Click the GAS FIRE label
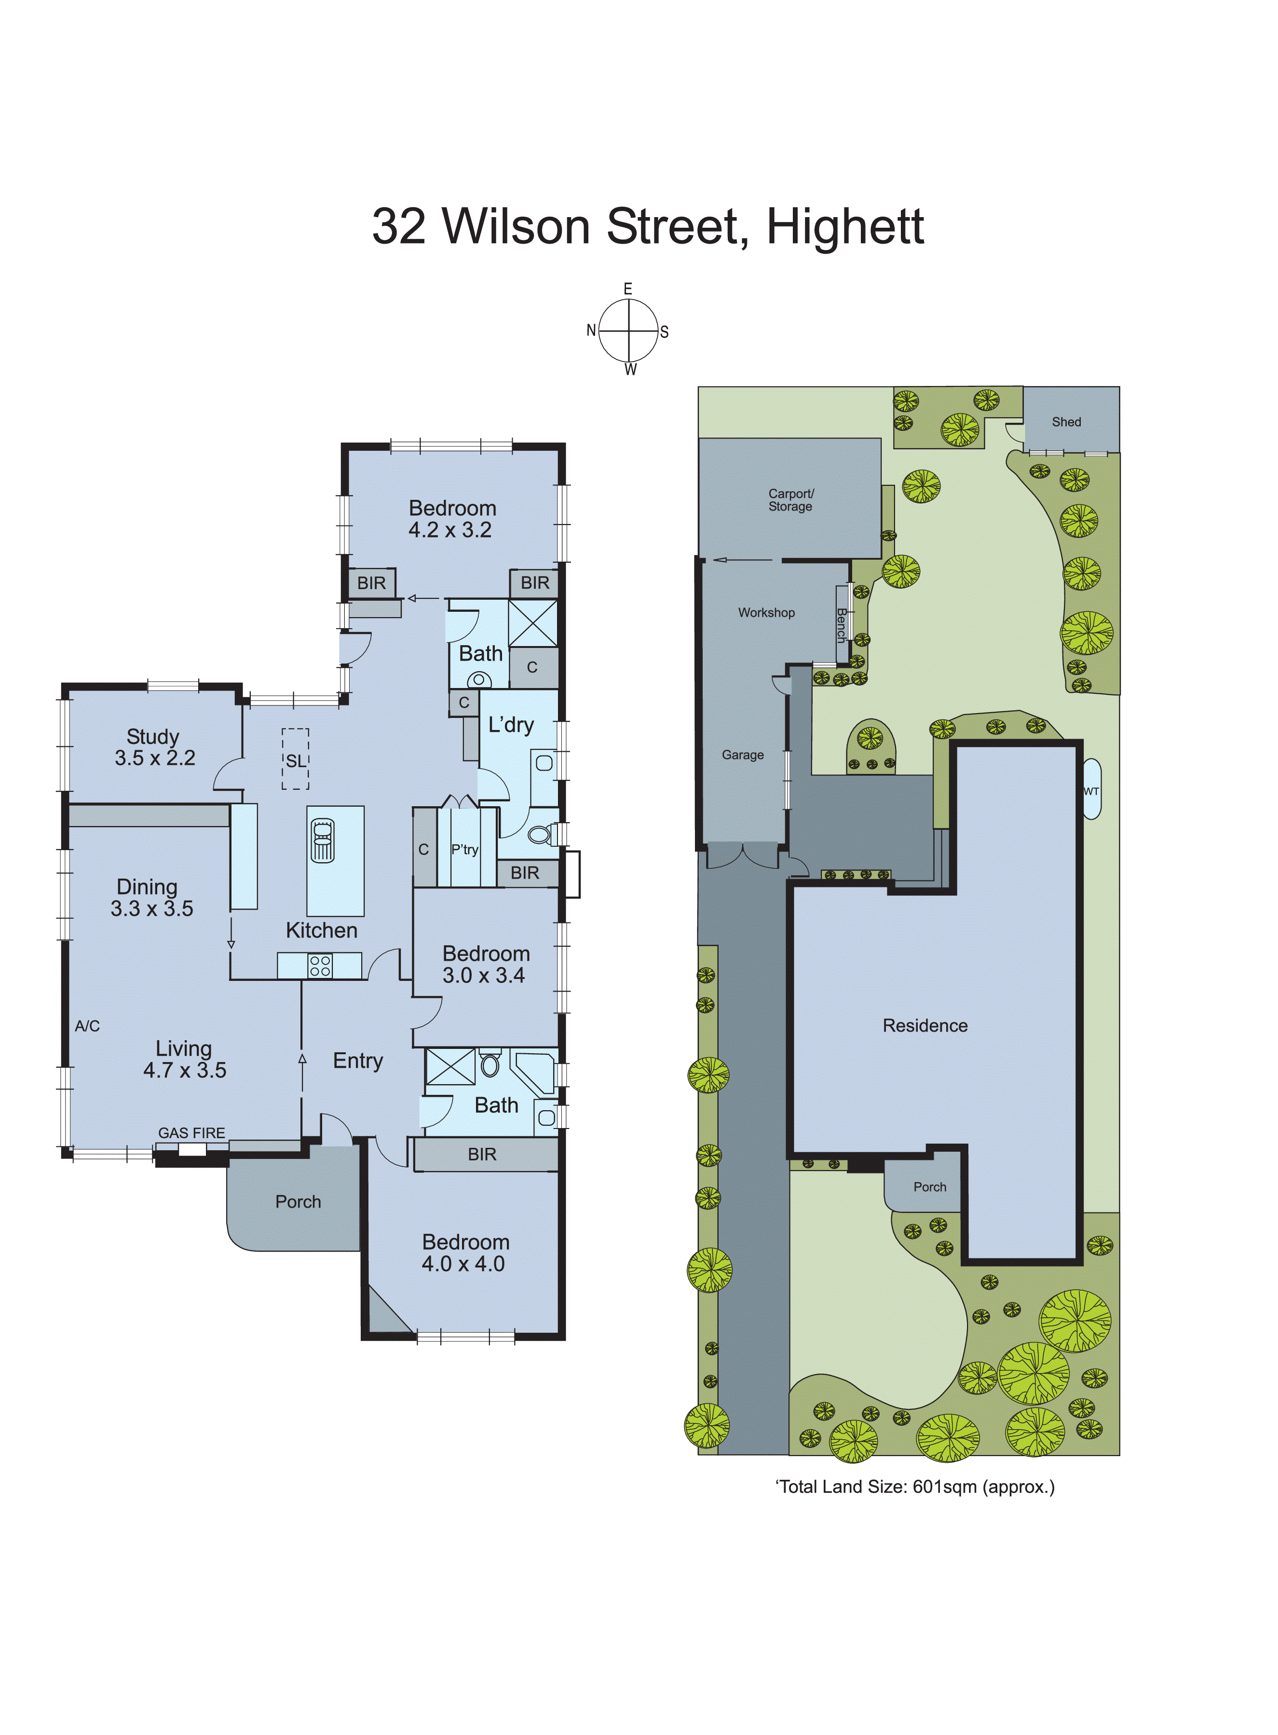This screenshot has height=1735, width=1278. [192, 1133]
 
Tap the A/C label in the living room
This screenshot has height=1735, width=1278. [87, 1026]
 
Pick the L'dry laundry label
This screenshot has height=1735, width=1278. [511, 725]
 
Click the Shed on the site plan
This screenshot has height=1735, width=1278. [1066, 422]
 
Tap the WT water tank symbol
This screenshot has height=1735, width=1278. [1091, 790]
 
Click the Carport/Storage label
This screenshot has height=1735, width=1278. [790, 500]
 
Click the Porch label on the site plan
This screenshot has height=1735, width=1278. [929, 1187]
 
